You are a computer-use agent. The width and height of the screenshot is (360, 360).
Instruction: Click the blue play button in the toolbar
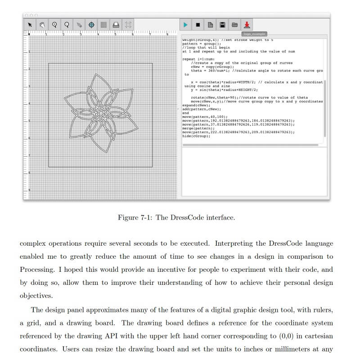coord(185,25)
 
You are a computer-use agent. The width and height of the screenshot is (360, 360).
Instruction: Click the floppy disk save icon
coord(222,25)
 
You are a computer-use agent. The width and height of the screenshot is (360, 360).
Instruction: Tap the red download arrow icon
coord(247,25)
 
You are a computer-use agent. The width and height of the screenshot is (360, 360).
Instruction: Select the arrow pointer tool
coord(30,25)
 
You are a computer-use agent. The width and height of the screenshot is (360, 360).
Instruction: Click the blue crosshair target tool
coord(91,25)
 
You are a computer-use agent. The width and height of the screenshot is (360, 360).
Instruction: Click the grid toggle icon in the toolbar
coord(103,25)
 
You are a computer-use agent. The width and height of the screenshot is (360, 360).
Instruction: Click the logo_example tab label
coord(254,34)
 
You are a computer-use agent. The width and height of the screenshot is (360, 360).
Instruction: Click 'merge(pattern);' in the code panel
coord(195,128)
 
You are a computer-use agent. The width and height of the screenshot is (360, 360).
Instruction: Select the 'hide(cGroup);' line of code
coord(196,136)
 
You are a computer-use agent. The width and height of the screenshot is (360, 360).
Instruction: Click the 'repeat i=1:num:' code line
coord(199,59)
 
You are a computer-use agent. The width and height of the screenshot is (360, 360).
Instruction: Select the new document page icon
coord(210,25)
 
